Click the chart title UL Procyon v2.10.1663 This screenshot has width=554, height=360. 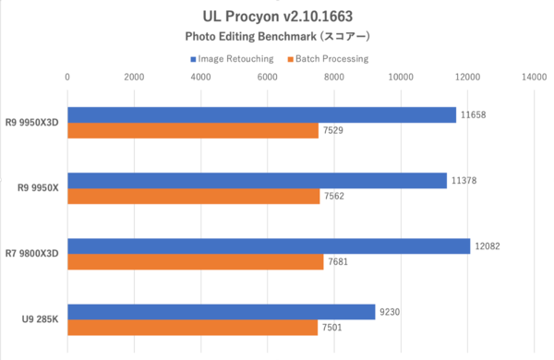click(x=277, y=17)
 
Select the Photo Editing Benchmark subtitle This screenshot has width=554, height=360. click(x=277, y=38)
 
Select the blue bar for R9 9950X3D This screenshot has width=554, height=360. click(x=261, y=114)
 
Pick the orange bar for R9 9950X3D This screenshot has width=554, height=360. click(x=193, y=131)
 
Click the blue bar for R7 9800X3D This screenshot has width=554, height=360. click(x=269, y=246)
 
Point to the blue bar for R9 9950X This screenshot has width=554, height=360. click(x=257, y=180)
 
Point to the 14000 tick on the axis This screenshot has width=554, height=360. click(x=534, y=78)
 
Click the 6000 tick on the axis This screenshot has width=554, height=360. click(x=268, y=78)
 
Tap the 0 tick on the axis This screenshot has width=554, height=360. click(x=67, y=78)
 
